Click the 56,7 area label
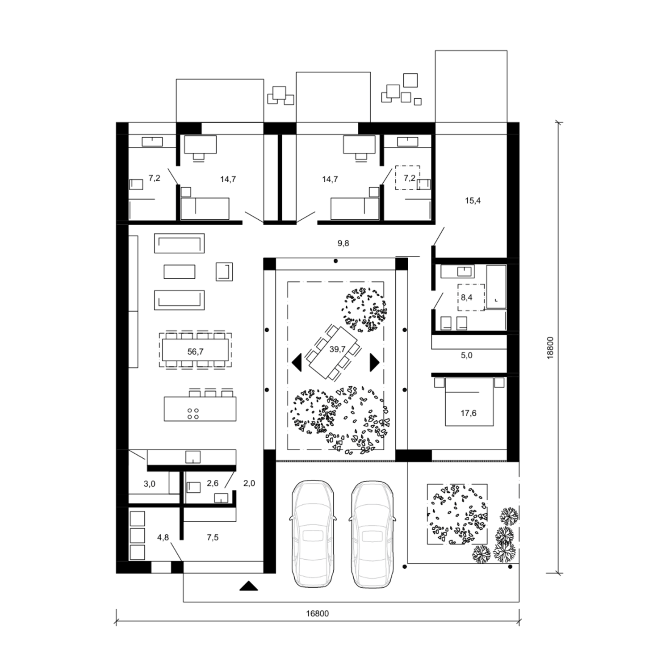pyautogui.click(x=196, y=352)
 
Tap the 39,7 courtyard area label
pyautogui.click(x=337, y=349)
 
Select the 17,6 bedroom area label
pyautogui.click(x=469, y=413)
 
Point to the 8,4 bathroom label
pyautogui.click(x=467, y=297)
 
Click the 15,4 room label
pyautogui.click(x=473, y=201)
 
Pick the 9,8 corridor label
pyautogui.click(x=343, y=243)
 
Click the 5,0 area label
pyautogui.click(x=467, y=356)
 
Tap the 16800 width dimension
pyautogui.click(x=318, y=613)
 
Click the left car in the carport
pyautogui.click(x=313, y=534)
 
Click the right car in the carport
pyautogui.click(x=372, y=534)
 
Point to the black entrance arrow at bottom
pyautogui.click(x=249, y=586)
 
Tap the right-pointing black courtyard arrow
pyautogui.click(x=374, y=362)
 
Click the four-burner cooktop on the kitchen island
pyautogui.click(x=193, y=414)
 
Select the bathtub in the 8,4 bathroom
pyautogui.click(x=496, y=286)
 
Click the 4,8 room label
pyautogui.click(x=163, y=537)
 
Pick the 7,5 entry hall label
pyautogui.click(x=213, y=537)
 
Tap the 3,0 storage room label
pyautogui.click(x=150, y=484)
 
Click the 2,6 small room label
pyautogui.click(x=213, y=483)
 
